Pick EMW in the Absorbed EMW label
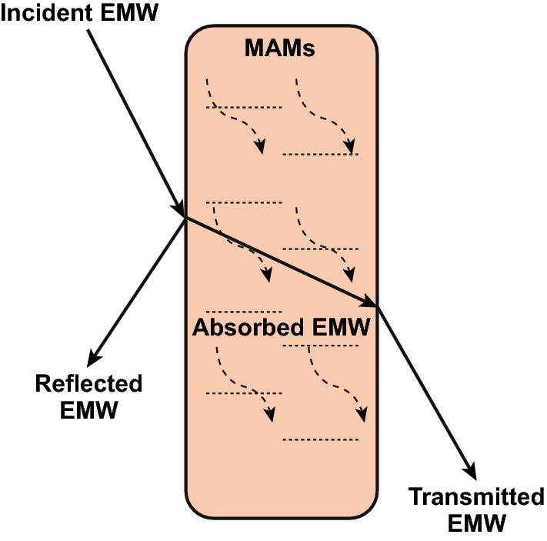click(x=338, y=327)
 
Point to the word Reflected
click(x=88, y=383)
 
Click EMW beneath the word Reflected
click(x=88, y=410)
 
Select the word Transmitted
click(x=476, y=497)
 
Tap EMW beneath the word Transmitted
click(x=476, y=524)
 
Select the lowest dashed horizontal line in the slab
click(x=321, y=440)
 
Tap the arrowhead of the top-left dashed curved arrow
click(x=262, y=147)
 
